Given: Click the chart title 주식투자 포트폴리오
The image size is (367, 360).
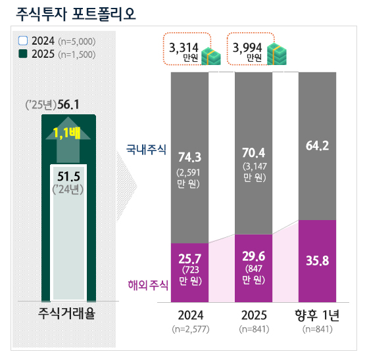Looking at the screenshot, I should [x=74, y=14].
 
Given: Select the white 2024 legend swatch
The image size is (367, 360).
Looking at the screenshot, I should [x=23, y=41].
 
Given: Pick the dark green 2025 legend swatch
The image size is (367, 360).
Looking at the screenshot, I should [x=23, y=54].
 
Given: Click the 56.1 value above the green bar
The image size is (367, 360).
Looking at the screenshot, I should [x=68, y=104].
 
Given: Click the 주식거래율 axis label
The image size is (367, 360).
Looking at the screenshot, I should [x=68, y=313].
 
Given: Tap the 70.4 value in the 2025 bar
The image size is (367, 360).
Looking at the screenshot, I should [x=253, y=156].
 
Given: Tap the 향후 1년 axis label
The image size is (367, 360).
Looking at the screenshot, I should [x=318, y=315].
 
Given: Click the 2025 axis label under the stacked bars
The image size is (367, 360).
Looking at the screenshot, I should [x=253, y=315].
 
